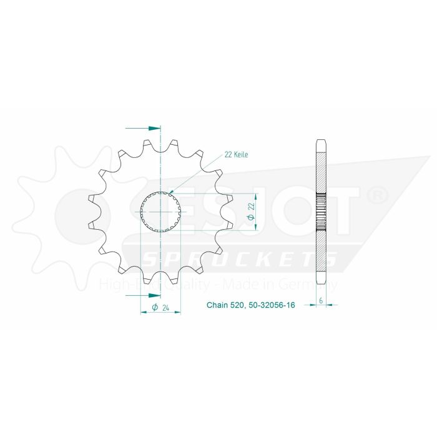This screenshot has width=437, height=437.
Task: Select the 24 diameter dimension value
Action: point(166,307)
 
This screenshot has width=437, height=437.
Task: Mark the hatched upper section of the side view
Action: point(322,165)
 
